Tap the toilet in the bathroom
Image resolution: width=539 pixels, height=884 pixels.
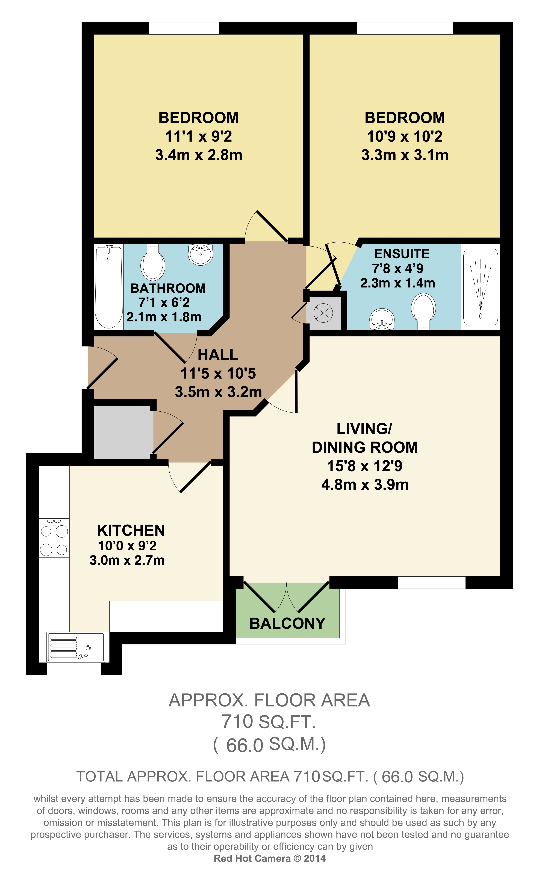point(153,262)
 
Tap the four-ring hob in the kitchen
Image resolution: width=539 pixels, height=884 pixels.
point(54,537)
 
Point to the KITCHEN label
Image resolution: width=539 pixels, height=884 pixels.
point(131,530)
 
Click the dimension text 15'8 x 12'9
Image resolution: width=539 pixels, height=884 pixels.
point(364,466)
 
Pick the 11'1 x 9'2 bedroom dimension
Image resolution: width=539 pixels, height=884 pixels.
point(199,136)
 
